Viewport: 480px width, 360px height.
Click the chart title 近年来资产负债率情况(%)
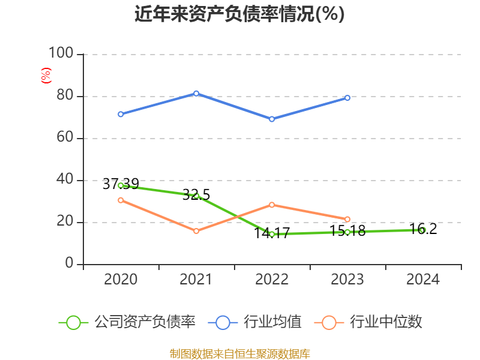[x=239, y=14]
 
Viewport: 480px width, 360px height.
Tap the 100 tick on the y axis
[x=61, y=54]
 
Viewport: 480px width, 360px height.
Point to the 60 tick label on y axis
[x=65, y=138]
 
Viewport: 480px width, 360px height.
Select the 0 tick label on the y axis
[x=70, y=264]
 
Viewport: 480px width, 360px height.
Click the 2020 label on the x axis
[x=121, y=280]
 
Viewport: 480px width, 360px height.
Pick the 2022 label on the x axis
[x=272, y=280]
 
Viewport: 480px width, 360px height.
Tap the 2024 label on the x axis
[x=423, y=280]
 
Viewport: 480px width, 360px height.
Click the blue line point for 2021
[x=196, y=94]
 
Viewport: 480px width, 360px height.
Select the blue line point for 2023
[x=347, y=98]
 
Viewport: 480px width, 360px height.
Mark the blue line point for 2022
[x=272, y=119]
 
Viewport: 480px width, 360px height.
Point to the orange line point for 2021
[x=196, y=231]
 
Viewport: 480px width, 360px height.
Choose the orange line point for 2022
[x=272, y=205]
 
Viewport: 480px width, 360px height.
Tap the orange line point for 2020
[x=121, y=200]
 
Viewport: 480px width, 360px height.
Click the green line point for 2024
[x=422, y=230]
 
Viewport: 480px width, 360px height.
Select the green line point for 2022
[x=272, y=234]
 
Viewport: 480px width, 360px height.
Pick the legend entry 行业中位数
[x=368, y=322]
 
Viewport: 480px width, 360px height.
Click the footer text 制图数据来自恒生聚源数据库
[x=239, y=353]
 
